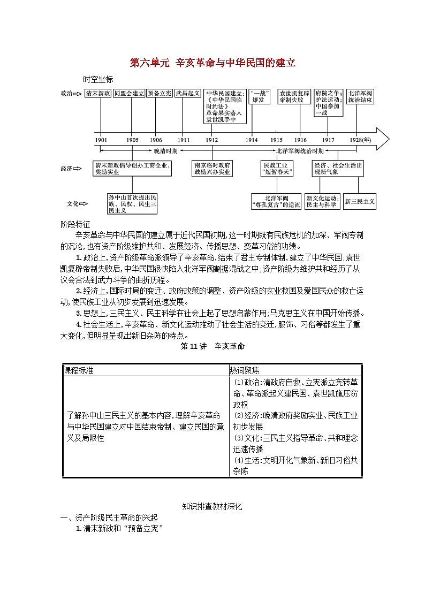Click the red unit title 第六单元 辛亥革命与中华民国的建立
tap(212, 63)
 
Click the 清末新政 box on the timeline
tap(98, 93)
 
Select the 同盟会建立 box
tap(129, 93)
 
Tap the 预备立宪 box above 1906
tap(160, 93)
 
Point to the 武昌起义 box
tap(188, 93)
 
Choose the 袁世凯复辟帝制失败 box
tap(294, 96)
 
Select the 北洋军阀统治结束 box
tap(360, 96)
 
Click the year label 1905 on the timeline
tap(132, 140)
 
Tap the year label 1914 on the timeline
tap(252, 140)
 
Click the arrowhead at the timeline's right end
tap(383, 139)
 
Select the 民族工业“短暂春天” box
tap(276, 169)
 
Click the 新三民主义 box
tap(360, 201)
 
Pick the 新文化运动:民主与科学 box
tap(322, 201)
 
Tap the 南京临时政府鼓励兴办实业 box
tap(212, 169)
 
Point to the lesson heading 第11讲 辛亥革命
tap(212, 346)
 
